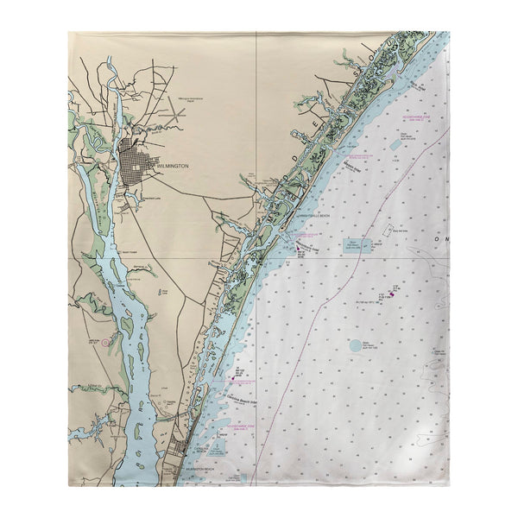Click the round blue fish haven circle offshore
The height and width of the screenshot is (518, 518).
click(x=356, y=344)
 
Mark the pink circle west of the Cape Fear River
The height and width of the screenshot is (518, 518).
click(x=105, y=343)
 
